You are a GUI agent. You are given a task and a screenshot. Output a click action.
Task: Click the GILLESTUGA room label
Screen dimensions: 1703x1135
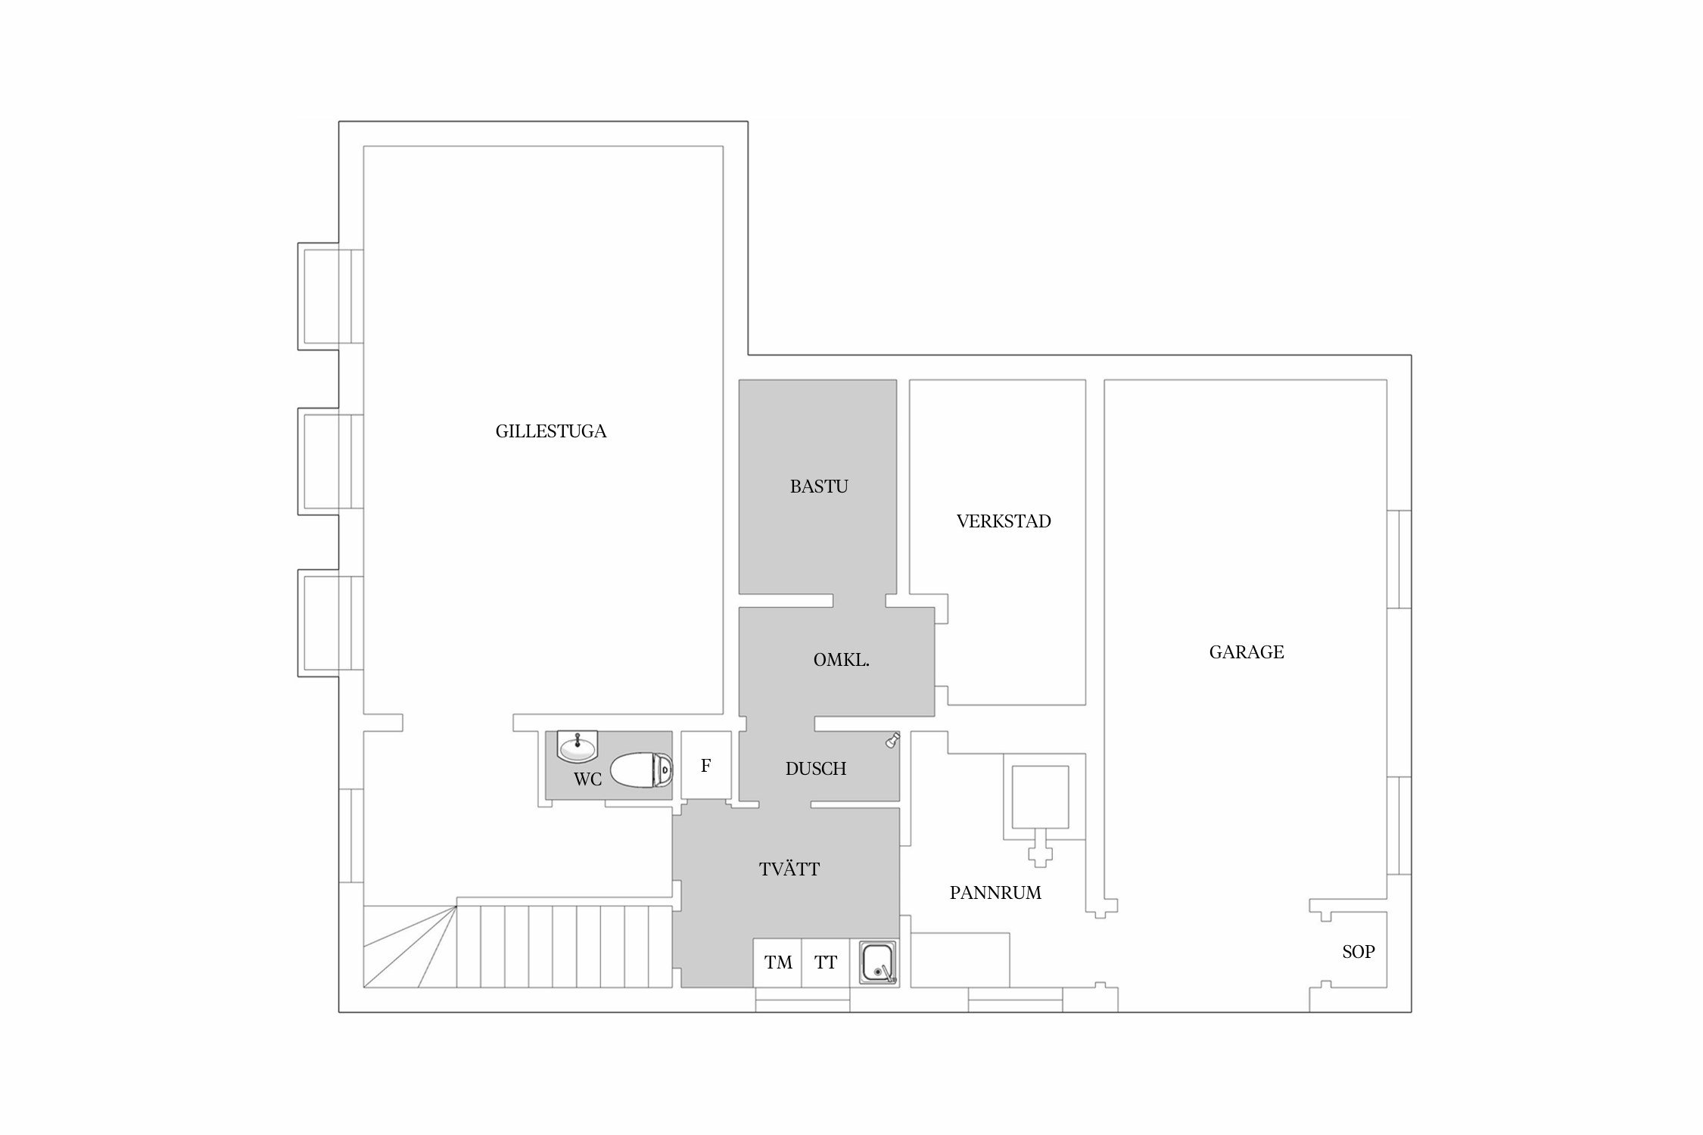551,431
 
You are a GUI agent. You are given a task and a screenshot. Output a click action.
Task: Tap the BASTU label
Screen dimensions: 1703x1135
819,487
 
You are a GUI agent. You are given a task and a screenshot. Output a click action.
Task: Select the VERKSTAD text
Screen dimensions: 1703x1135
1004,521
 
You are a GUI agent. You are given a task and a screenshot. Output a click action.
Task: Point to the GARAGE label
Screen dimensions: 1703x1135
1247,652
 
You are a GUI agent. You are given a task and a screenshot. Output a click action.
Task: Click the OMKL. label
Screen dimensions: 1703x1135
841,660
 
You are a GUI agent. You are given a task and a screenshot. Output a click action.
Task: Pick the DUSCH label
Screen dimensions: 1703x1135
816,769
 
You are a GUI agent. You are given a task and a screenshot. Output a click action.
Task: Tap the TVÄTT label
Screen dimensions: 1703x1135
789,869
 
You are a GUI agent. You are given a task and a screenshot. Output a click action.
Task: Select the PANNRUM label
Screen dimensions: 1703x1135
995,893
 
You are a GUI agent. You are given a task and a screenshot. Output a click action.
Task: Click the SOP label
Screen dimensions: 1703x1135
1359,952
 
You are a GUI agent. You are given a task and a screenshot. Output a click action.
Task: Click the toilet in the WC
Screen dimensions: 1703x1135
641,770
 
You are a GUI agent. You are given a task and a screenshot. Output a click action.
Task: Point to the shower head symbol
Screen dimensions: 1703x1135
893,739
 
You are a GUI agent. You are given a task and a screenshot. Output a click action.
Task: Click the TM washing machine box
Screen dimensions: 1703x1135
777,963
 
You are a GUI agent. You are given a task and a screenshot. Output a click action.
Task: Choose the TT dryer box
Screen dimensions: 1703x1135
826,963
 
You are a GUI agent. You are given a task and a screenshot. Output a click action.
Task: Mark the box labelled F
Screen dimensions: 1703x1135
706,765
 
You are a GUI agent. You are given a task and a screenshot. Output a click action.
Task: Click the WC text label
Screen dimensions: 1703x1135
587,779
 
